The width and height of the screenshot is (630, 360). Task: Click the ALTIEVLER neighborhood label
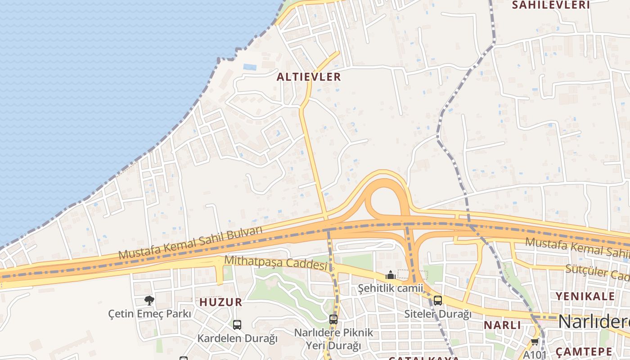[x=309, y=77]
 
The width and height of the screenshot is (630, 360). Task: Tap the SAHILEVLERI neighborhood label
[x=551, y=5]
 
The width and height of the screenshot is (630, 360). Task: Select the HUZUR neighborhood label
[x=220, y=302]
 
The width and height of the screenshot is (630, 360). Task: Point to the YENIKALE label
[x=585, y=296]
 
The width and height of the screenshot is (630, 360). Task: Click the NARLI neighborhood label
[x=502, y=325]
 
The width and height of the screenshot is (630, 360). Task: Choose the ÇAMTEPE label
[x=584, y=351]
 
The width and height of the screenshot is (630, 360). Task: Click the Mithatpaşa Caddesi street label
[x=276, y=263]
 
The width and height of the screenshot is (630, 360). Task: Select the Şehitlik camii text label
[x=391, y=288]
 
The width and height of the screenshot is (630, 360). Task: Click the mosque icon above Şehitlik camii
[x=391, y=274]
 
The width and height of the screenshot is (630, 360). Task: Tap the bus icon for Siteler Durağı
[x=437, y=301]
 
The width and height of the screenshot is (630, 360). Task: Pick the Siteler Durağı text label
[x=437, y=314]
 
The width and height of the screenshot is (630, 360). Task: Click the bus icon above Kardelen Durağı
[x=237, y=324]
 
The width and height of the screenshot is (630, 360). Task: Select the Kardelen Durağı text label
[x=237, y=338]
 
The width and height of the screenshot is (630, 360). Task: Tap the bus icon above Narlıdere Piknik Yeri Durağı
[x=333, y=319]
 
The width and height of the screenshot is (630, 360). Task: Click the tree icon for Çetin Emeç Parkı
[x=149, y=300]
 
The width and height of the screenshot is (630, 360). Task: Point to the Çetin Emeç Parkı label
[x=149, y=314]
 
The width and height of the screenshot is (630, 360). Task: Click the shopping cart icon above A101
[x=535, y=342]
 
